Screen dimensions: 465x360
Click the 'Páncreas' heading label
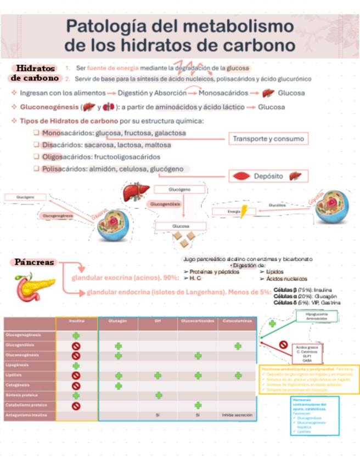click(35, 263)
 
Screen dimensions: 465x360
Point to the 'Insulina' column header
click(76, 321)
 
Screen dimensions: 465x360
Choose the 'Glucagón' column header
click(118, 321)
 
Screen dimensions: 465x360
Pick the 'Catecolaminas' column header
click(237, 321)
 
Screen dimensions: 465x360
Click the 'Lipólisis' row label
click(16, 376)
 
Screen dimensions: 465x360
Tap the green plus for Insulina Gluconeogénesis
click(76, 336)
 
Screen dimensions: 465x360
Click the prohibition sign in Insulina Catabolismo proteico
click(76, 406)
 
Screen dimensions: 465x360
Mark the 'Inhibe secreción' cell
click(237, 415)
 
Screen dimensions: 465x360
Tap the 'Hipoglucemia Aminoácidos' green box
click(317, 316)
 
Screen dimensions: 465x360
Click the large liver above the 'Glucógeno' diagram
click(136, 192)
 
